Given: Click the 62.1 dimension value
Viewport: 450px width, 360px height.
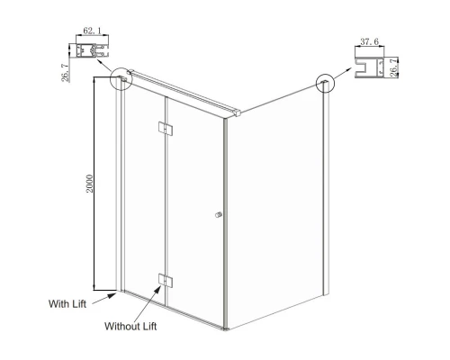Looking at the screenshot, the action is tap(92, 31).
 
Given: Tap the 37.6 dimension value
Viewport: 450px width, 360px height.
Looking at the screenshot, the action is tap(370, 41).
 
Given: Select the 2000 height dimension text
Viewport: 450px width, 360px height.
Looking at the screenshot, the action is tap(90, 184).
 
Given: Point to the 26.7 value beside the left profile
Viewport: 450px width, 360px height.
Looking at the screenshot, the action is tap(65, 73).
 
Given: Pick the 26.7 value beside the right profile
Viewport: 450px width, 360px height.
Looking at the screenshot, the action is tap(393, 67).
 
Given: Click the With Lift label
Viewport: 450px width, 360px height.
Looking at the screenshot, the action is tap(67, 303).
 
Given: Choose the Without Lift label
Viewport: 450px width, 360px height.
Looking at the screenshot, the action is tap(130, 326).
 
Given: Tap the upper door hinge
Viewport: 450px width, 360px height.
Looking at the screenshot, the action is tap(166, 128).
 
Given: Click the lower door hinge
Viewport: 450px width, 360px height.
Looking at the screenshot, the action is tap(166, 280).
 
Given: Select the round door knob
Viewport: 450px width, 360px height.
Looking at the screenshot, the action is tap(219, 214).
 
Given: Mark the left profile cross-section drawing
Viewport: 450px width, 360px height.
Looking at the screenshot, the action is tap(92, 50).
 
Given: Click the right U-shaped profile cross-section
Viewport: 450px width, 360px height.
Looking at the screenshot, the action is tap(369, 67).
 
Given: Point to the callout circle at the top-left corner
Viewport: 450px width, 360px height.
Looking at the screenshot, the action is tap(121, 79).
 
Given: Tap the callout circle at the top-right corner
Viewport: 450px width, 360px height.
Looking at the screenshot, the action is tap(325, 83).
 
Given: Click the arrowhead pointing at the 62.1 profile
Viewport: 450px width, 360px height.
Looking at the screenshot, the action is tap(99, 61).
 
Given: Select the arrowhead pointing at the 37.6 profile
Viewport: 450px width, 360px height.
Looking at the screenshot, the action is tap(348, 69).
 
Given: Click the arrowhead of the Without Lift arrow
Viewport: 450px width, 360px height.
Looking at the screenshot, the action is tap(157, 289).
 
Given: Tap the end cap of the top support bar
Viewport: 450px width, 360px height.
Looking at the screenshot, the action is tap(238, 112).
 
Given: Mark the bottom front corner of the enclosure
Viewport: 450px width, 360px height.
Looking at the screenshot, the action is tap(226, 329).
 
